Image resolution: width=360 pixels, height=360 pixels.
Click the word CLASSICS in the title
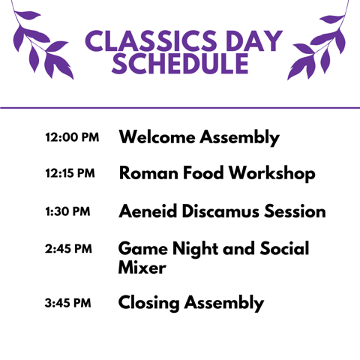[x=151, y=40]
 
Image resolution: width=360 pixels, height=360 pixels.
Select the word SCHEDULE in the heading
[x=180, y=64]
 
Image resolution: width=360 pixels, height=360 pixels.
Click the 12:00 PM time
[x=72, y=137]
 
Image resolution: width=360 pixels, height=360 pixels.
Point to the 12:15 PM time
[x=70, y=173]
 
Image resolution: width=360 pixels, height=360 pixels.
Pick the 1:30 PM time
[x=67, y=211]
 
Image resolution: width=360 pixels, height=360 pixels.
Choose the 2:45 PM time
[x=68, y=249]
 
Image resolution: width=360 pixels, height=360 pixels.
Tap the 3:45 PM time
[x=67, y=303]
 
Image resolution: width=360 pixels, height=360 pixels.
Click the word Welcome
[x=157, y=137]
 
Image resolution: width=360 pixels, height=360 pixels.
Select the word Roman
[x=148, y=173]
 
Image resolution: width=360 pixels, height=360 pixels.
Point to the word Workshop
[x=272, y=174]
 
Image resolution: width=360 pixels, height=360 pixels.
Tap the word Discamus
[x=220, y=211]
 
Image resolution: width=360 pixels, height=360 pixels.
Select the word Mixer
[x=142, y=267]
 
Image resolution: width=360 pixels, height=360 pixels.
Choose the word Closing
[x=148, y=304]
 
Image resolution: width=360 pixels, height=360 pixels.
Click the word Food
[x=203, y=172]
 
